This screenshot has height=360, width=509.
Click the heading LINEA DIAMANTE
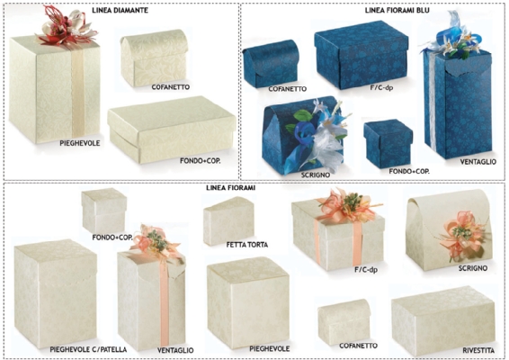point(121,10)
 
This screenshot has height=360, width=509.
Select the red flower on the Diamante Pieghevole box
point(67,26)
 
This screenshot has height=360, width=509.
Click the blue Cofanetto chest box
point(271,63)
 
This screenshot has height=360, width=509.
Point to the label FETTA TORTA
point(247,244)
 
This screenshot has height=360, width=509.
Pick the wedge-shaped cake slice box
point(228,220)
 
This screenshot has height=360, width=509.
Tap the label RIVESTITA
point(478,350)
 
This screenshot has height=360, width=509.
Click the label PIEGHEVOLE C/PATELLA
point(88,349)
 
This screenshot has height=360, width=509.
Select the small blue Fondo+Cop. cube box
point(388,143)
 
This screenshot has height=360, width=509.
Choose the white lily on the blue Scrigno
point(328,143)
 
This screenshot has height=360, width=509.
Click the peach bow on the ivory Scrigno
point(462,235)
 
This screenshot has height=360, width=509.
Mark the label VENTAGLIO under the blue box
point(478,161)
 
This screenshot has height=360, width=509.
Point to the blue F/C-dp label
point(381,87)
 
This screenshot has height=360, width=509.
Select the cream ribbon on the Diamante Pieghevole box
point(78,92)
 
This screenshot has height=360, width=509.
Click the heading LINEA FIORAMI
point(231,188)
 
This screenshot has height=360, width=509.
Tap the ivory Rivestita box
point(443,320)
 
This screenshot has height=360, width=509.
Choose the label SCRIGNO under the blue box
point(316,175)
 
